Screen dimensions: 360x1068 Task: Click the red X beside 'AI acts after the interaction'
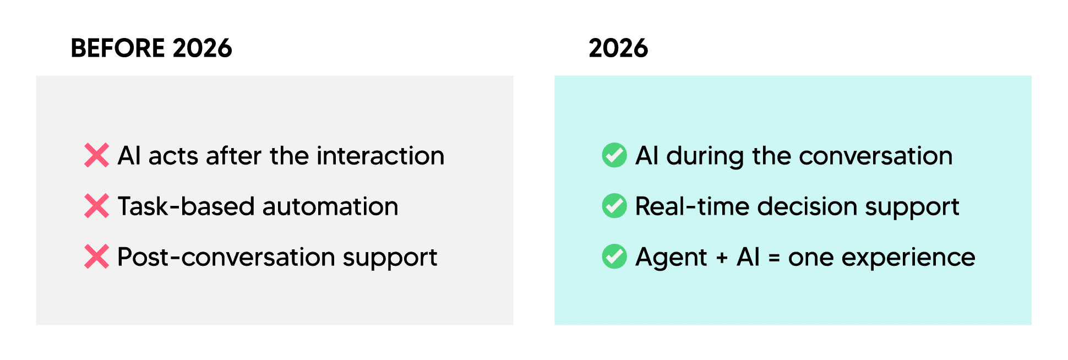click(96, 155)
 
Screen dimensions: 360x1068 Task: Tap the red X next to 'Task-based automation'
click(96, 206)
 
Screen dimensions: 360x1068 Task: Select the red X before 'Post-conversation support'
click(96, 257)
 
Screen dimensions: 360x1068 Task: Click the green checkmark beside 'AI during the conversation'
click(614, 155)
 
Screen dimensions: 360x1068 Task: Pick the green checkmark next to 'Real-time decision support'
click(614, 206)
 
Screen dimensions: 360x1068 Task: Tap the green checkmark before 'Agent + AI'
click(614, 257)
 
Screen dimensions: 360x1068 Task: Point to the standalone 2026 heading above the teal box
click(618, 48)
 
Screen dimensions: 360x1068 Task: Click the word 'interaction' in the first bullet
click(380, 156)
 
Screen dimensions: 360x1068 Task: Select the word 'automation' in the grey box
click(330, 207)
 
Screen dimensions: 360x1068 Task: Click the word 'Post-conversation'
click(226, 257)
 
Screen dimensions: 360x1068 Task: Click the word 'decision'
click(807, 207)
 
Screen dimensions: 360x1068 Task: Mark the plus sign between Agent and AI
click(722, 258)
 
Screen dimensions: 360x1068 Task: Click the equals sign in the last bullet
click(774, 258)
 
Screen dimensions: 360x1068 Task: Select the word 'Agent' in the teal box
click(671, 258)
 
